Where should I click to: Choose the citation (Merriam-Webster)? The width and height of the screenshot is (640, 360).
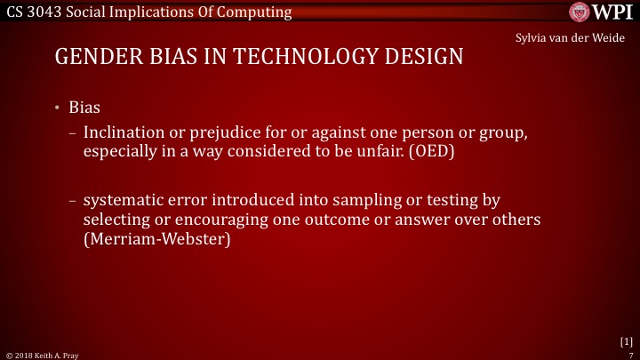[156, 237]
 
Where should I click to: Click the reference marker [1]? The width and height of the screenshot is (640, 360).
[626, 340]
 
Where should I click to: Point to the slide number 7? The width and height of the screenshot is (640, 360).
[629, 354]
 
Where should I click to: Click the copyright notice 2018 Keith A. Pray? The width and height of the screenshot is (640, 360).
[44, 354]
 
